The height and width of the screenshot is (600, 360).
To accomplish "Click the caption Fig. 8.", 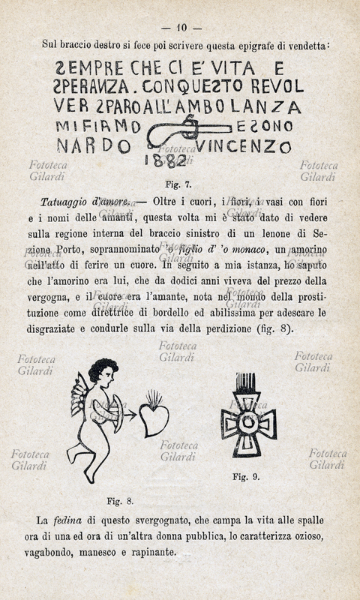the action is pos(121,500).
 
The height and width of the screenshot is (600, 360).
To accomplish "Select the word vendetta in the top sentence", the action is pos(305,46).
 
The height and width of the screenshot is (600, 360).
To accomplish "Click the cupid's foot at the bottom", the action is pos(88,477).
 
